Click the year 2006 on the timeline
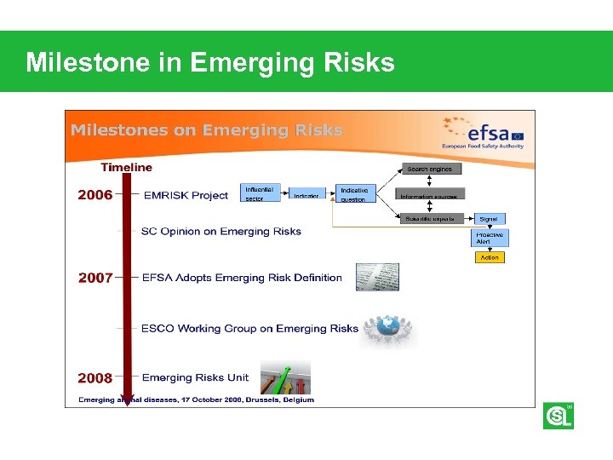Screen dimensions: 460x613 click(95, 195)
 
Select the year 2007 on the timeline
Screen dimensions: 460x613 click(95, 278)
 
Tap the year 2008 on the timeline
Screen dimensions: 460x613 click(95, 378)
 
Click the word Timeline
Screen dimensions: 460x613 click(127, 167)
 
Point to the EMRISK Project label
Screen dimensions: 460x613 click(186, 195)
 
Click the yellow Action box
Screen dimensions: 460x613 click(490, 257)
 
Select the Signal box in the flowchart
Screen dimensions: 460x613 click(488, 219)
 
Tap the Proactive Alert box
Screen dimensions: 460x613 click(490, 238)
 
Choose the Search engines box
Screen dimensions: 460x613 click(430, 169)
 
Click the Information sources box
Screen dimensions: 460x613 click(431, 195)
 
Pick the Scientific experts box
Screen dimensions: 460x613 click(431, 219)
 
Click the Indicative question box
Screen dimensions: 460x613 click(355, 195)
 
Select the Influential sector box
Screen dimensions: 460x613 click(261, 194)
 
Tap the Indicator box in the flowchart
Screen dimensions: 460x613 click(306, 195)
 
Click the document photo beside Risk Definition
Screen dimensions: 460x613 click(377, 278)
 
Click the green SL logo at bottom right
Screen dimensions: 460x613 click(558, 416)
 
